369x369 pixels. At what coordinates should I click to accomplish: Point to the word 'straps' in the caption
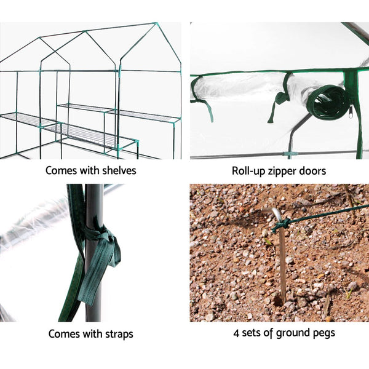[116, 335]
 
